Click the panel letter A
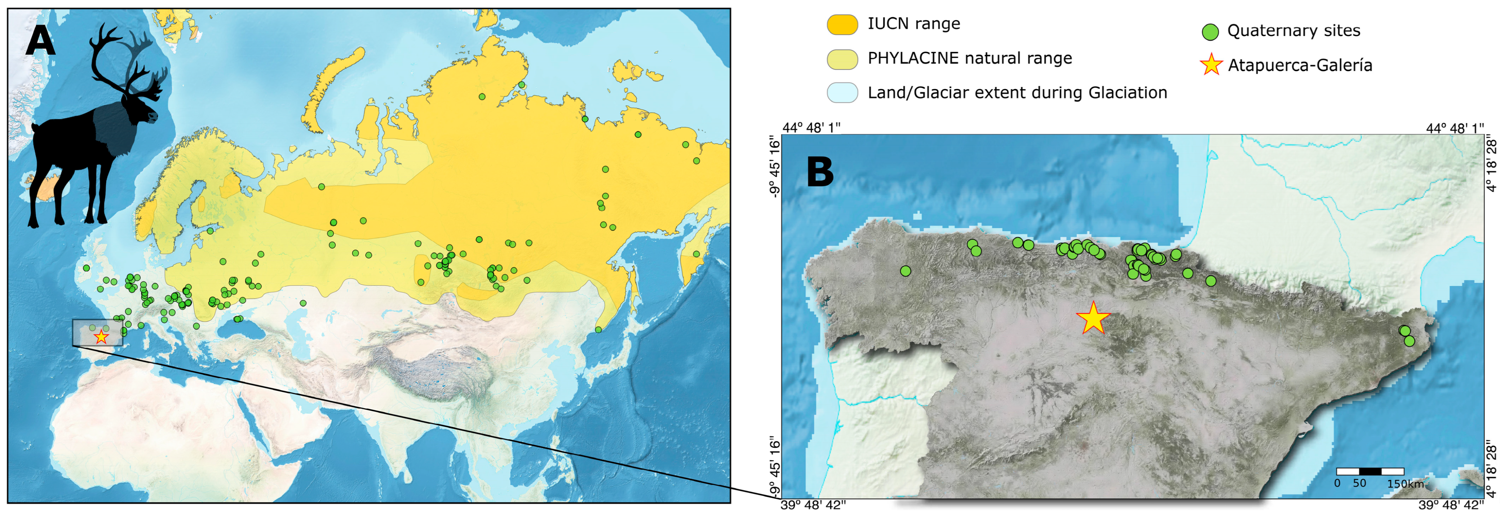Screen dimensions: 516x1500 pos(40,42)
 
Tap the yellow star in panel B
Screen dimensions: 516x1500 pos(1093,318)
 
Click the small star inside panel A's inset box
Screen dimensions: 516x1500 pos(101,337)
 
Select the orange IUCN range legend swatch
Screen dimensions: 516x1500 pos(842,25)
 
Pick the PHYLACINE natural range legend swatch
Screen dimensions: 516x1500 pos(842,59)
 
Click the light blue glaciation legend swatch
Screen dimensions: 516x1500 pos(842,93)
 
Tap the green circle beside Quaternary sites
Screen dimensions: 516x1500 pos(1210,32)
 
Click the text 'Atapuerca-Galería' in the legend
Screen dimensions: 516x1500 pos(1300,65)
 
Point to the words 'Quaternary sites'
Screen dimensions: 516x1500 pos(1293,31)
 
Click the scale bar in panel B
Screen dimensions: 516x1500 pos(1370,471)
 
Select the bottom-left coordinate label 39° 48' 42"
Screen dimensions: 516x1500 pos(813,505)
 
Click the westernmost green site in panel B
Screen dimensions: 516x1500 pos(905,271)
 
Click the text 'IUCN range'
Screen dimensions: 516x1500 pos(913,24)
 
